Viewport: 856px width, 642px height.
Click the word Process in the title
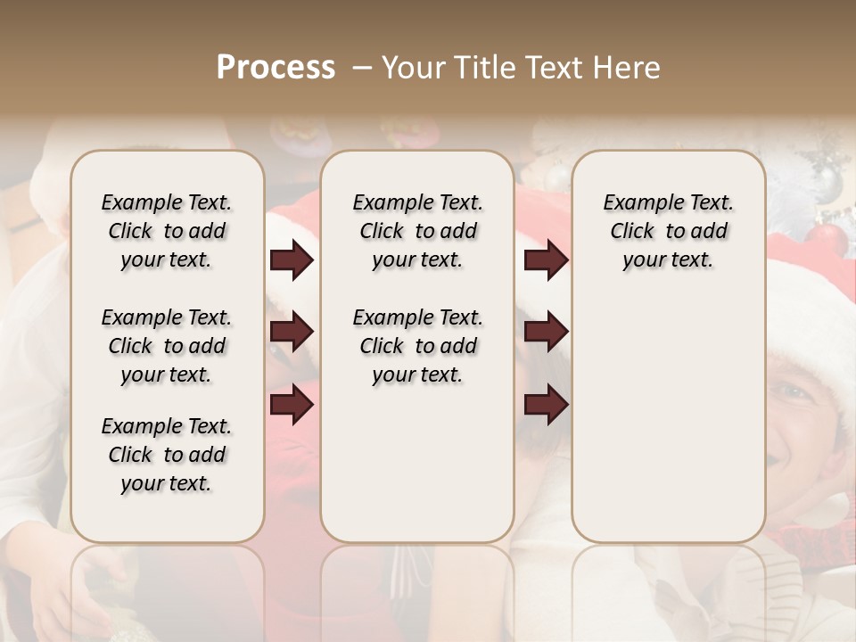[276, 68]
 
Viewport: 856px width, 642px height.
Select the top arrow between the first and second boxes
[292, 260]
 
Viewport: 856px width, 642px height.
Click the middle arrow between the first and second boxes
[292, 332]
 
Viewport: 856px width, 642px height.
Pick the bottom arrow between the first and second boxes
[292, 405]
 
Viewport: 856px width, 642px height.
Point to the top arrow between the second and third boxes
[546, 260]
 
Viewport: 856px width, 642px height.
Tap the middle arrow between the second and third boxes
[546, 332]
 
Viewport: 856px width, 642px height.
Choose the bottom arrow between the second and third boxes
[546, 405]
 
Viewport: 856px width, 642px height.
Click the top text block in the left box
[167, 232]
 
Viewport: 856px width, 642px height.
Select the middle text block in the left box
[167, 346]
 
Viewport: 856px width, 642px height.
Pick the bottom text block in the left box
[167, 455]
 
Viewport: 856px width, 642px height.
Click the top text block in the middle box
[417, 232]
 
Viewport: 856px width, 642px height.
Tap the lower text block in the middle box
[417, 346]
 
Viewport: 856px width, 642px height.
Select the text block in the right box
[669, 232]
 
